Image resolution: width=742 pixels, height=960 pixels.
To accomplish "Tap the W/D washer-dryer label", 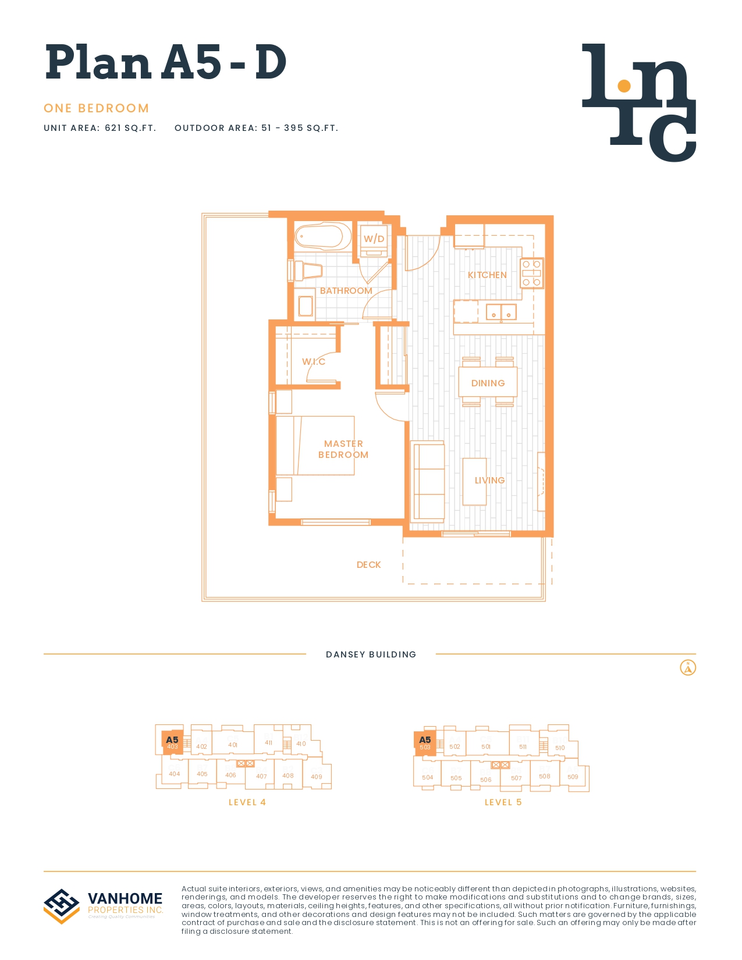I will tap(374, 239).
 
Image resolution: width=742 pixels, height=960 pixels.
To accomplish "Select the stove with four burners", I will tap(531, 273).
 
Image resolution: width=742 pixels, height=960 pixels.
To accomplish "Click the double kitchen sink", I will tap(501, 312).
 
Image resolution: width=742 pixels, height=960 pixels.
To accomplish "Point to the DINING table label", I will tap(488, 383).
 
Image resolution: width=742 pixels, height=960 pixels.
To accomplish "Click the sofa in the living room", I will tap(428, 481).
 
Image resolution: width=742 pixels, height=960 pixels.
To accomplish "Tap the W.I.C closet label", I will tap(314, 361).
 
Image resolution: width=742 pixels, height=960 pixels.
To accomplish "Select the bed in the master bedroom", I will tap(315, 445).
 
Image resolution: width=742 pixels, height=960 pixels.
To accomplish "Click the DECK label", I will tap(368, 564).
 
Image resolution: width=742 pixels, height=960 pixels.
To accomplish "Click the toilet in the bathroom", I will tap(308, 271).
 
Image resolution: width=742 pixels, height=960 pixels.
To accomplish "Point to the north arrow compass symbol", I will tap(688, 667).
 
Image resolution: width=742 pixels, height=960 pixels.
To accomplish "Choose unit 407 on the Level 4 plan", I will tap(261, 776).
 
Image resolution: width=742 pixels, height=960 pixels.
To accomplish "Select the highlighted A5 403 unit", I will tap(172, 743).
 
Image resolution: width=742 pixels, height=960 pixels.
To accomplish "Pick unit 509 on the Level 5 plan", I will tap(573, 777).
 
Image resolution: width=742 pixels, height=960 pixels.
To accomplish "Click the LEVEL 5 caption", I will tap(503, 802).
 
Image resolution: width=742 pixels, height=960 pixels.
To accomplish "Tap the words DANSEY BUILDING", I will tap(371, 654).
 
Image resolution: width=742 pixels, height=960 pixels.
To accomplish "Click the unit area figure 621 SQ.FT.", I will tap(130, 128).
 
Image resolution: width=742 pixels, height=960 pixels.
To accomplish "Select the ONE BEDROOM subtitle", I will tap(97, 108).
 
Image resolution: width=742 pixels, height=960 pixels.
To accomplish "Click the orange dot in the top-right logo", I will tap(624, 86).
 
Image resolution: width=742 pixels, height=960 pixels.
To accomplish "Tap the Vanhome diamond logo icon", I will tap(62, 905).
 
